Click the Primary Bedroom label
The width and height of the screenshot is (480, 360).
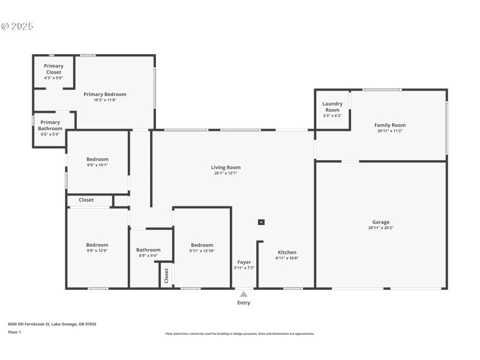pos(105,94)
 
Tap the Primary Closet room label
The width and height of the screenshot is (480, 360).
pos(53,69)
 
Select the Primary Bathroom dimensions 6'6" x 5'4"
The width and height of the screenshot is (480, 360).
pos(50,134)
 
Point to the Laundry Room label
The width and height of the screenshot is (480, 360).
pos(332,107)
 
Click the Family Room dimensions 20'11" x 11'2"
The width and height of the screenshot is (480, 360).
pos(390,131)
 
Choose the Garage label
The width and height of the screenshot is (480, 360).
pos(380,222)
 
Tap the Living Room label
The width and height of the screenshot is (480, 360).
pos(226,167)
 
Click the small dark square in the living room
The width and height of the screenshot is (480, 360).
pos(261,222)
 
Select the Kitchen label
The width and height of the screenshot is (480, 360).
pos(287,253)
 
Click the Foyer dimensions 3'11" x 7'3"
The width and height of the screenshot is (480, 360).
pos(244,268)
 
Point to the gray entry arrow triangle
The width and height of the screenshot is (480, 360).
pos(244,294)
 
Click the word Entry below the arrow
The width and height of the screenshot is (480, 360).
pos(244,303)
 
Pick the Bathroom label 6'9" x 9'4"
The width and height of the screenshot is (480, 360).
pos(148,250)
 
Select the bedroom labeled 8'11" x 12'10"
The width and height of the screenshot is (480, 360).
pos(202,245)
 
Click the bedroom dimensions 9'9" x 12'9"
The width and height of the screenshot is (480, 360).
pos(97,251)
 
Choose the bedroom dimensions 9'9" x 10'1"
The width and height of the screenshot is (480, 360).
pos(97,165)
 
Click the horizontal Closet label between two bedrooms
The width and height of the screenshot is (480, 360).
pos(86,200)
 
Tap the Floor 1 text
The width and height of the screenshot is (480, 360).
pos(14,332)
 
